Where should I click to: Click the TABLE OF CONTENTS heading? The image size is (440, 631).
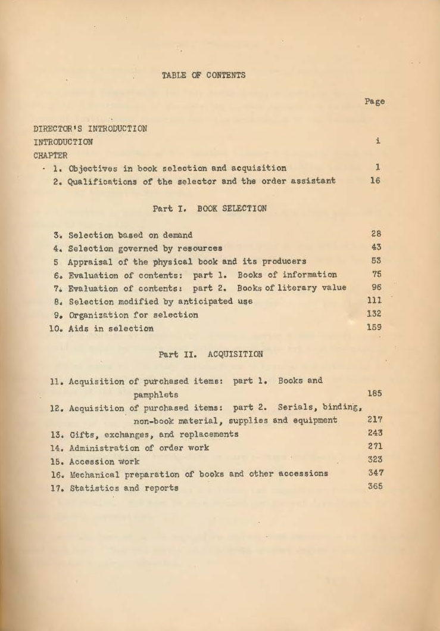coord(203,75)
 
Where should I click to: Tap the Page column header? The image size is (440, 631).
coord(375,101)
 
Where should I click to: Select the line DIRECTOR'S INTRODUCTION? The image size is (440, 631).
coord(91,128)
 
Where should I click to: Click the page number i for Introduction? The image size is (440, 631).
coord(378,142)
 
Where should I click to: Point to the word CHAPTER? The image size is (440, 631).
coord(51,155)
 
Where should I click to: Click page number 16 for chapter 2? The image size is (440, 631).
coord(375,181)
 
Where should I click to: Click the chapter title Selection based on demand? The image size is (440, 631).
coord(130,235)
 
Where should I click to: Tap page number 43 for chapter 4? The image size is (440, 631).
coord(375,248)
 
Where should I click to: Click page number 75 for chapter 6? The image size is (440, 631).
coord(375,275)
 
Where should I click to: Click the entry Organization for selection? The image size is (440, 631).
coord(133,315)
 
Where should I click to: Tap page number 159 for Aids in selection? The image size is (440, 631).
coord(375,327)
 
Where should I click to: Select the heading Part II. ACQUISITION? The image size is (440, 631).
coord(210,354)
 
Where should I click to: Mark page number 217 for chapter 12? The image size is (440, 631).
coord(375,420)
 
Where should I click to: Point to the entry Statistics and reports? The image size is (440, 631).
coord(124,487)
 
